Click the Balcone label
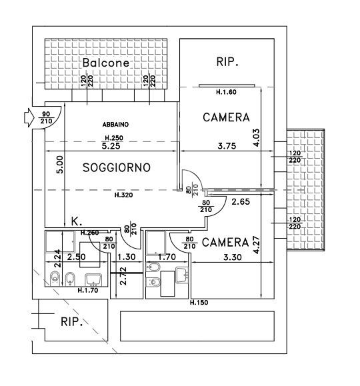pyautogui.click(x=105, y=63)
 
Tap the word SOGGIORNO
pyautogui.click(x=117, y=167)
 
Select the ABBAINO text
pyautogui.click(x=115, y=125)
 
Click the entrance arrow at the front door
pyautogui.click(x=29, y=118)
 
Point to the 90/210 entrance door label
pyautogui.click(x=46, y=118)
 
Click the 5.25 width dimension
pyautogui.click(x=111, y=146)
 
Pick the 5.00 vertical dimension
pyautogui.click(x=60, y=165)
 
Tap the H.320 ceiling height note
pyautogui.click(x=124, y=195)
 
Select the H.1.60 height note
pyautogui.click(x=226, y=92)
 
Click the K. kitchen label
pyautogui.click(x=77, y=221)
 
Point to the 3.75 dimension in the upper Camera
pyautogui.click(x=227, y=146)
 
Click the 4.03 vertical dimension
pyautogui.click(x=256, y=138)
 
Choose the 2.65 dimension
pyautogui.click(x=241, y=202)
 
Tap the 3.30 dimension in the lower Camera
pyautogui.click(x=233, y=257)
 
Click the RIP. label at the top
pyautogui.click(x=227, y=61)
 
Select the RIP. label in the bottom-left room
pyautogui.click(x=71, y=322)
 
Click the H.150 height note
pyautogui.click(x=199, y=302)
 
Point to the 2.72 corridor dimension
pyautogui.click(x=123, y=276)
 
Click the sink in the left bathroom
pyautogui.click(x=93, y=280)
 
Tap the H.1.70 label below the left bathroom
pyautogui.click(x=88, y=291)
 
